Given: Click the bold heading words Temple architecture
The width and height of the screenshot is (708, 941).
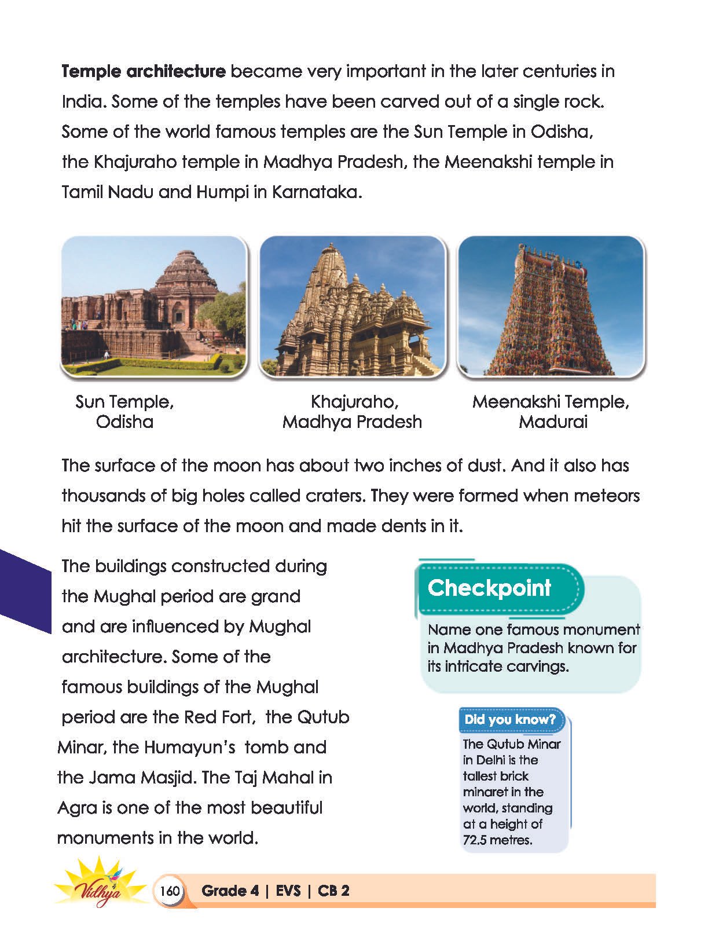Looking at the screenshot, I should pyautogui.click(x=143, y=72).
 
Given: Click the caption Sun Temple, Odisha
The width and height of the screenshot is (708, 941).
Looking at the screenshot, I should pyautogui.click(x=124, y=411).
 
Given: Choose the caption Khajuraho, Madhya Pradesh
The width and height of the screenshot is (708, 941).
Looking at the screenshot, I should pyautogui.click(x=352, y=411).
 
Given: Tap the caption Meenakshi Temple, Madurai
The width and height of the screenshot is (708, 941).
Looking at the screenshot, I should pyautogui.click(x=551, y=411).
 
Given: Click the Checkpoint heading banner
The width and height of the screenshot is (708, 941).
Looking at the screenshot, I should pyautogui.click(x=490, y=588).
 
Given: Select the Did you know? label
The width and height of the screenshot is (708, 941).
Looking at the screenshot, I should pyautogui.click(x=509, y=719).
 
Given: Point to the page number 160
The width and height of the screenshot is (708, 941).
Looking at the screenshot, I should pyautogui.click(x=170, y=891).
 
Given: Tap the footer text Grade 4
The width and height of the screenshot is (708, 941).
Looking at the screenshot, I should pyautogui.click(x=230, y=891).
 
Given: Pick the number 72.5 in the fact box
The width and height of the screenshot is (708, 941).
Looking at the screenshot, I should pyautogui.click(x=475, y=840).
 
